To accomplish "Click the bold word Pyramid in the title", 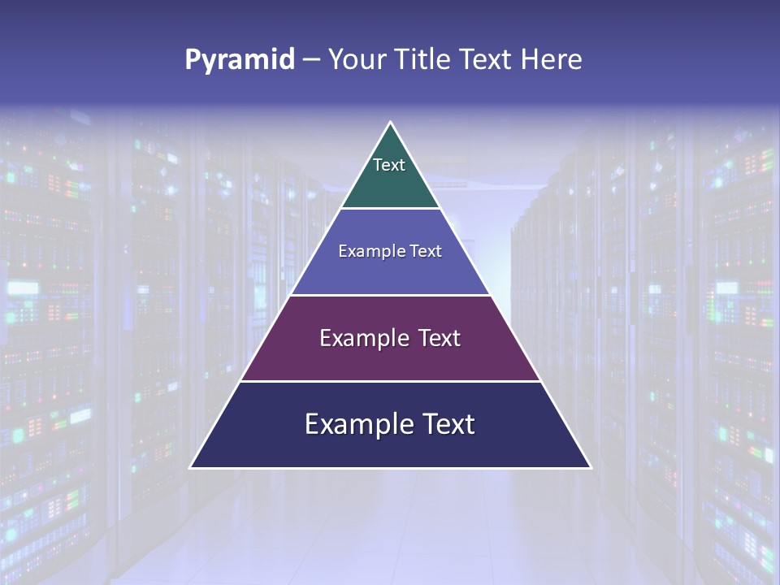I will point(239,60).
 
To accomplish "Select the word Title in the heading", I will point(427,59).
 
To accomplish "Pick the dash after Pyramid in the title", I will point(310,61).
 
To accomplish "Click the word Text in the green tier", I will point(389,165).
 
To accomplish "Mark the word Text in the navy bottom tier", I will point(447,424).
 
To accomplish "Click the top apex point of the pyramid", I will point(391,123).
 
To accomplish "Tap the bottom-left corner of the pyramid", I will point(191,467).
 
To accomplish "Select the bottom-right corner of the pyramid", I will point(591,467).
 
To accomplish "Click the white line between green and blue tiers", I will point(391,209).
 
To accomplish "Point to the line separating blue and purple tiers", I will point(391,295).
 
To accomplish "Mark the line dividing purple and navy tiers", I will point(391,381).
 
